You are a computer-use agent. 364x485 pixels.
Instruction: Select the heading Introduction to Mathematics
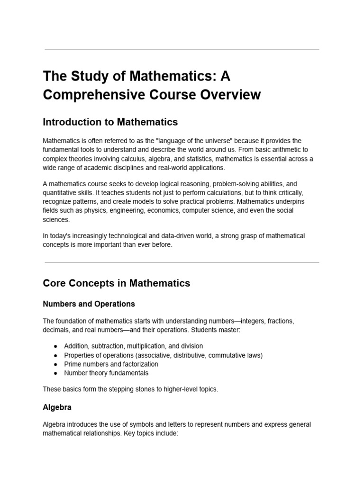coord(110,122)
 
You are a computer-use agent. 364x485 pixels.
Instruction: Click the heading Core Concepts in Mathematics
coord(116,283)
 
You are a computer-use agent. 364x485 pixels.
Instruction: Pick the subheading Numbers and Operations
coord(89,304)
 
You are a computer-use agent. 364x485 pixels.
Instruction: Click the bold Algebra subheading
coord(57,407)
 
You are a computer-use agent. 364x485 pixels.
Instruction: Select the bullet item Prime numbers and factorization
coord(111,364)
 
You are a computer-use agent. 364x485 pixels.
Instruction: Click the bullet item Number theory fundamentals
coord(106,373)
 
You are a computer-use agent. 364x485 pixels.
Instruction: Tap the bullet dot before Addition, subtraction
coord(55,346)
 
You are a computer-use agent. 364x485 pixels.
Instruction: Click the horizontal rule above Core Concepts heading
coord(182,262)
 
